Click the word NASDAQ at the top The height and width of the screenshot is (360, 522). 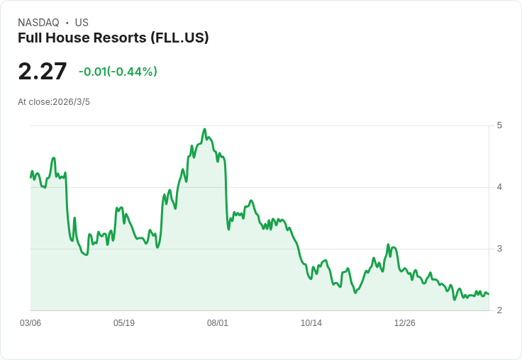[38, 23]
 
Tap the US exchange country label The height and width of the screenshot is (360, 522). [82, 23]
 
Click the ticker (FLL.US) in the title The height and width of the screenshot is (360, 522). [179, 38]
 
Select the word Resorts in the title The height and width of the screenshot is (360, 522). [119, 38]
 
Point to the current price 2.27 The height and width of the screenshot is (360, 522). [43, 72]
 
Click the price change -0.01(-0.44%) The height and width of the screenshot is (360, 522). [118, 72]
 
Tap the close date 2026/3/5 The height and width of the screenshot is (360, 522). [72, 102]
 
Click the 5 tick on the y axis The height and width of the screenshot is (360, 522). [500, 125]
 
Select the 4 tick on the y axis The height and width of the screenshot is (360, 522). [500, 187]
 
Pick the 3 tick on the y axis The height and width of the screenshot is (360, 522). [500, 249]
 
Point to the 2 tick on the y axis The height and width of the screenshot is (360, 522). [500, 310]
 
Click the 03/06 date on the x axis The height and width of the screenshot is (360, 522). [30, 323]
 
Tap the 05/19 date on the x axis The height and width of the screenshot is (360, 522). [124, 323]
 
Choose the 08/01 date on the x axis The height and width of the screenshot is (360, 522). [218, 323]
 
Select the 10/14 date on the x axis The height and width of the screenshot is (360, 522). [311, 323]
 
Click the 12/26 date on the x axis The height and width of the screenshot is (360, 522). [405, 323]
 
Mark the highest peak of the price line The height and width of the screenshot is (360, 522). [204, 130]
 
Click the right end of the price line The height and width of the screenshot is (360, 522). [488, 294]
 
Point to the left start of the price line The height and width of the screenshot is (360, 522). [30, 176]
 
